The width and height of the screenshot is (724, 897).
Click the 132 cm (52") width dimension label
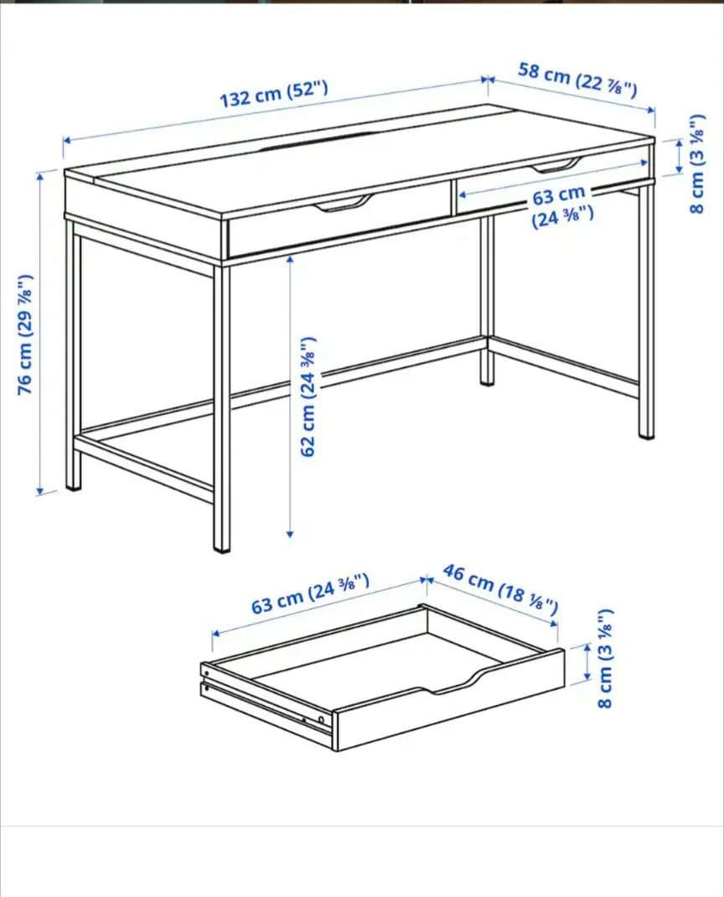click(273, 95)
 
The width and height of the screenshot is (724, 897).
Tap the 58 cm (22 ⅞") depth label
click(577, 79)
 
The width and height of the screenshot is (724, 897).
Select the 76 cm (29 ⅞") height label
click(26, 334)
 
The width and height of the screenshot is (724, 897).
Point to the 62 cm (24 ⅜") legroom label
click(309, 396)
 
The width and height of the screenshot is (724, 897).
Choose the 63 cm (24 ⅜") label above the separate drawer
click(310, 593)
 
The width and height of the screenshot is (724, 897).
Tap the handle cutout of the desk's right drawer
click(555, 165)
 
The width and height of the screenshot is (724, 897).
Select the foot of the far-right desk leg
click(646, 433)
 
